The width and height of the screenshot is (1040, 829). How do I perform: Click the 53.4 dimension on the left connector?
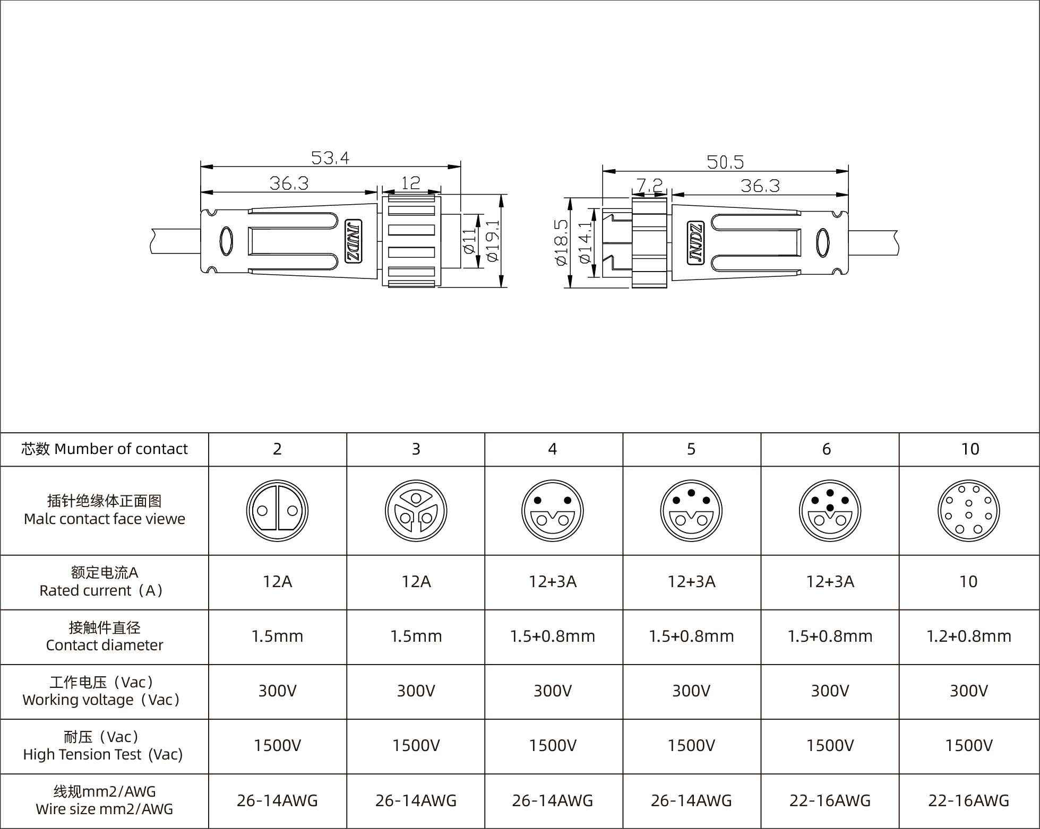coord(330,158)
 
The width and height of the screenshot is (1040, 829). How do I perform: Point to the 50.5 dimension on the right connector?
coord(725,162)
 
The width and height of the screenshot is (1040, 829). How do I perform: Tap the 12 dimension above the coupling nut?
coord(410,183)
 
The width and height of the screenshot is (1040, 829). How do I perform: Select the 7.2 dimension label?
coord(649,185)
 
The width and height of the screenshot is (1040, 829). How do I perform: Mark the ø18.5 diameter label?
coord(561,242)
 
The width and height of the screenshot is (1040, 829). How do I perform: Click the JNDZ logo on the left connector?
coord(354,241)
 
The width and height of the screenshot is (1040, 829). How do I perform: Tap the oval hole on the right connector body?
coord(823,243)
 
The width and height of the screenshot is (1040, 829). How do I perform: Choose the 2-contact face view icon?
coord(277,511)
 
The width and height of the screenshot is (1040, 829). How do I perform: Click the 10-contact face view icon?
coord(968,511)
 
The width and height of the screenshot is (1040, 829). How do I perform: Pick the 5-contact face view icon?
coord(691,511)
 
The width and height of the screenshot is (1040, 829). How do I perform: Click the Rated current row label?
coord(104,582)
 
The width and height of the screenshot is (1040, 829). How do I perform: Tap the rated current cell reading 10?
coord(968,582)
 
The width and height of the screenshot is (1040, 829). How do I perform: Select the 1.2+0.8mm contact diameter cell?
coord(968,636)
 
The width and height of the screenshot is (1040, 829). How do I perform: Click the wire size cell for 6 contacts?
coord(830,800)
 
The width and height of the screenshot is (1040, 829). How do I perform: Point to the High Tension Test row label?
coord(104,746)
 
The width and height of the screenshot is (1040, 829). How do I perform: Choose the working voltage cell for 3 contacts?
coord(416,691)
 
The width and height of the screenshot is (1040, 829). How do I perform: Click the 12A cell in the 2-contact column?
coord(277,582)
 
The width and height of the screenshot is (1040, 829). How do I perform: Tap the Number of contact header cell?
coord(104,449)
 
